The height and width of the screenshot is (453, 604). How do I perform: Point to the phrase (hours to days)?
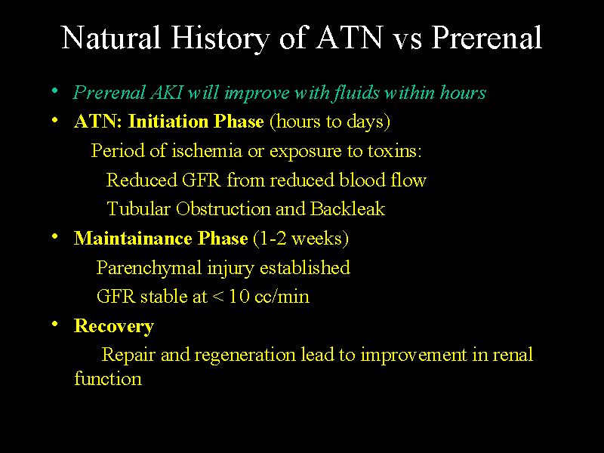(x=329, y=122)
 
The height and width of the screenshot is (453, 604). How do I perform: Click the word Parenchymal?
(x=149, y=268)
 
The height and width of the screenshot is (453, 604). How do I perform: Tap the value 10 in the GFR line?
(x=239, y=297)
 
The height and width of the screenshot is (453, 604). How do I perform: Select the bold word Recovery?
(x=113, y=326)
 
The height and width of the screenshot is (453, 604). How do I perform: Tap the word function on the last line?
(x=107, y=379)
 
